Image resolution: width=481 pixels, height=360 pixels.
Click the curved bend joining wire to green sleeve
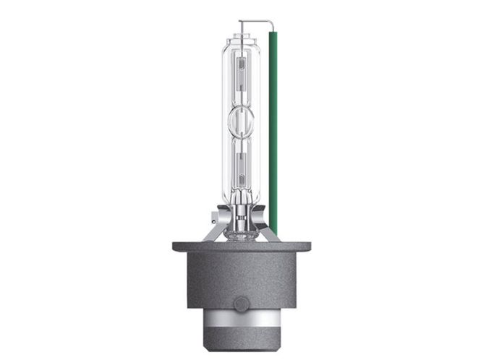[271, 23]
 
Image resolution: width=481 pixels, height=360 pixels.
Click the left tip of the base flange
[175, 247]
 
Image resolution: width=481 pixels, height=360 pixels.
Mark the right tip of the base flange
[308, 247]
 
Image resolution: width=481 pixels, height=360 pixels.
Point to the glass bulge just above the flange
[240, 233]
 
